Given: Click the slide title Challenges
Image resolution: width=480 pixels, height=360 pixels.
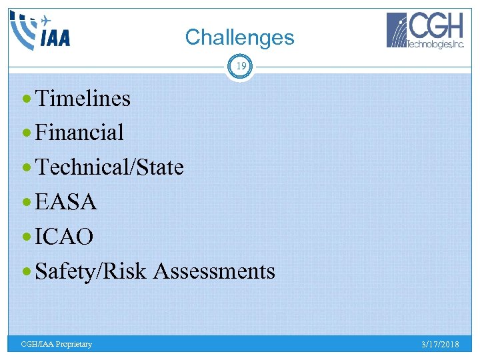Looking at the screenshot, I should (239, 37).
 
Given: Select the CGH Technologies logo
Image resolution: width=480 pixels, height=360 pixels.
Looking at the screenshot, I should (425, 31).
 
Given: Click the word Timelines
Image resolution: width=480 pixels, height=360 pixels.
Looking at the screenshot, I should (83, 99).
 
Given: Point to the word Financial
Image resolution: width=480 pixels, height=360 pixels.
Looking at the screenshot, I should (79, 133).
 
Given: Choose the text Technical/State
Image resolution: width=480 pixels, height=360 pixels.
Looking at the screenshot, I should (109, 167).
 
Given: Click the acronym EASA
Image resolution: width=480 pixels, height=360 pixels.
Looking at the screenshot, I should (66, 202).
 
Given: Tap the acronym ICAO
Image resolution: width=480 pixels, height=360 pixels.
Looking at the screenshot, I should (64, 237).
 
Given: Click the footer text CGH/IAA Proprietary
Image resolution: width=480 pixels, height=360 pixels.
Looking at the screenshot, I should (57, 344).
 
